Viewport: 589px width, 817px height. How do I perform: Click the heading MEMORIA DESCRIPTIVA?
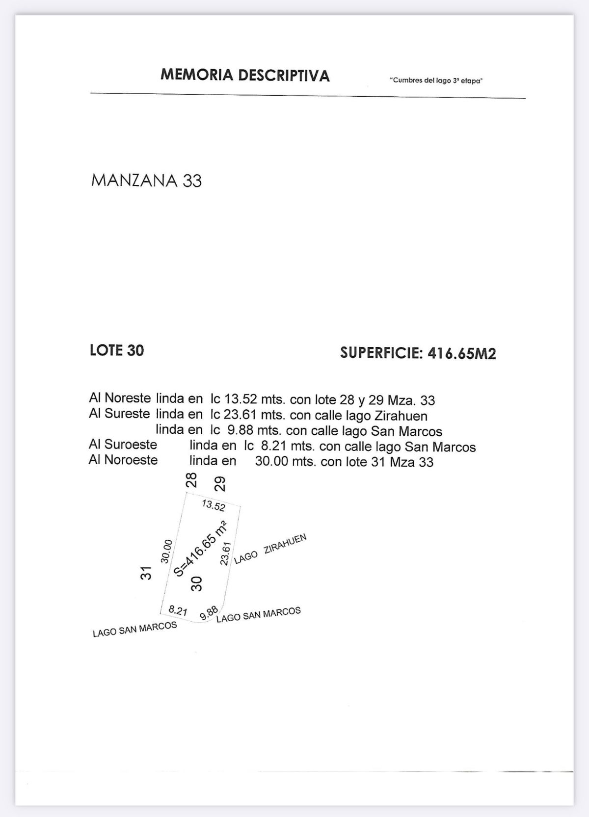point(245,75)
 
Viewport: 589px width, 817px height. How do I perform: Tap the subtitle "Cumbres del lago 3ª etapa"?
point(436,80)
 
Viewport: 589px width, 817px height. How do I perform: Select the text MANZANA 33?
point(146,181)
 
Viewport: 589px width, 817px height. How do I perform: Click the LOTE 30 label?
point(117,350)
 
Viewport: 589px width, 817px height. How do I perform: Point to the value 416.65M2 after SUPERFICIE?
point(462,353)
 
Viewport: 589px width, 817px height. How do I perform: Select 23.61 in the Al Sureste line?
point(241,415)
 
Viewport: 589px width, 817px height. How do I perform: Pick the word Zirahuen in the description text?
point(399,416)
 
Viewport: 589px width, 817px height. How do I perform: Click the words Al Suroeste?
point(123,445)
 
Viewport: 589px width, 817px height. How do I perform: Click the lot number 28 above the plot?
point(191,480)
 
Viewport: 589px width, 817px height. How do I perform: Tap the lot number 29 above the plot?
point(220,484)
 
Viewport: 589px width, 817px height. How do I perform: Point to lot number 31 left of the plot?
point(146,573)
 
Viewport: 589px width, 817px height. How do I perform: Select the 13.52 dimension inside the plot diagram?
point(214,505)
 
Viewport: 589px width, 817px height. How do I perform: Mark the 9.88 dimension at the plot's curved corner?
point(209,613)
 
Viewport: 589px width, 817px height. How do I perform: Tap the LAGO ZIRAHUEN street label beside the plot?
point(270,549)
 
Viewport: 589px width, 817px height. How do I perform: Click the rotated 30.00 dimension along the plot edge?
point(166,551)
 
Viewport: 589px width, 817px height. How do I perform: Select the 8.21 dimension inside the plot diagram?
point(178,610)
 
